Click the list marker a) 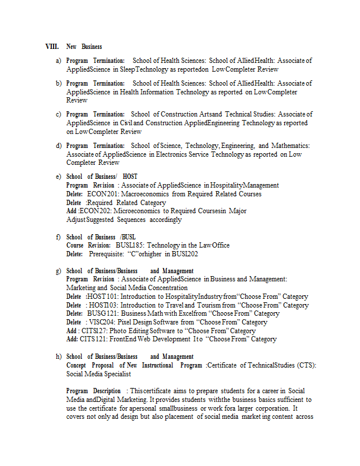[x=58, y=61]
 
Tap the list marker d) [x=58, y=146]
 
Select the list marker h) [x=58, y=356]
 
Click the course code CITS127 [x=97, y=331]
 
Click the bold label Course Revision [x=88, y=245]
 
